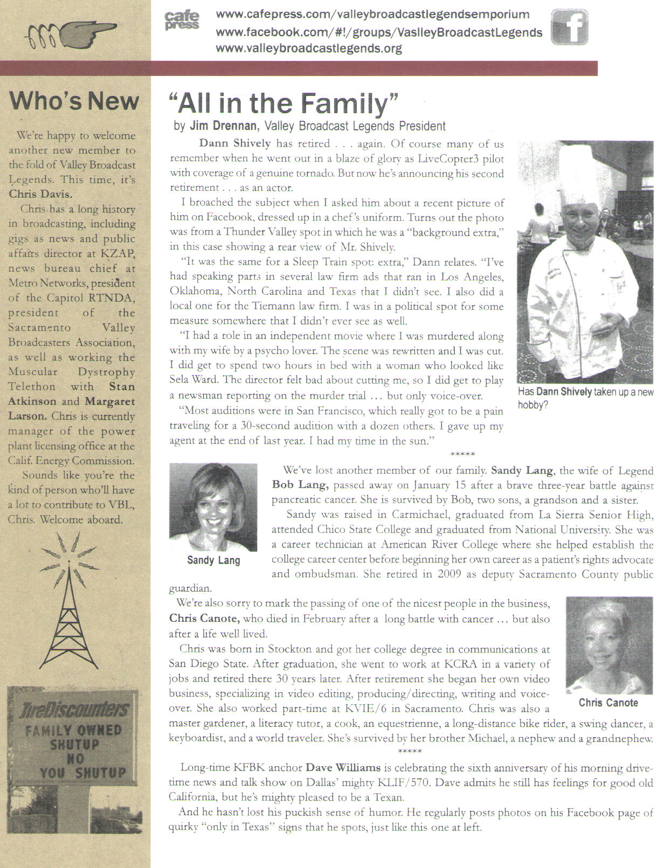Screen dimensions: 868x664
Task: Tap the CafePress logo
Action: click(182, 20)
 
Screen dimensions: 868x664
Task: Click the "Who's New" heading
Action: click(74, 101)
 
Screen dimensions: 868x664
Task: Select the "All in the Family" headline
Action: click(283, 103)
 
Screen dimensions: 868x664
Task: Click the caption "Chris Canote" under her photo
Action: click(608, 703)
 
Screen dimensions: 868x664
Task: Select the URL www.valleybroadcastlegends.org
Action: click(309, 48)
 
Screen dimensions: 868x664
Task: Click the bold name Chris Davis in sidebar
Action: click(40, 194)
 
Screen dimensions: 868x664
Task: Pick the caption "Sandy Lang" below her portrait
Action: click(213, 560)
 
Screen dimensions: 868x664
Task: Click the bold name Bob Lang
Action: click(300, 484)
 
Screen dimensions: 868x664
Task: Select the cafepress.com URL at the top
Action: click(372, 15)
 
